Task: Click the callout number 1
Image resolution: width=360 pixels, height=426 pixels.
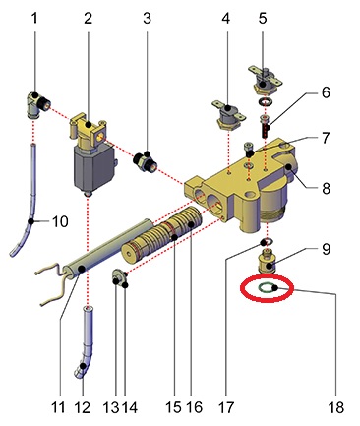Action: coord(34,19)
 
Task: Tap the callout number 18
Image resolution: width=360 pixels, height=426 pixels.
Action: coord(335,407)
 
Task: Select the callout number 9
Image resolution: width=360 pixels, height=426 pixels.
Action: coord(326,249)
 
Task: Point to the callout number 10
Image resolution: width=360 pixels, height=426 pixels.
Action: coord(60,221)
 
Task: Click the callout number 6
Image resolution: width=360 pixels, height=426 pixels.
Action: coord(326,92)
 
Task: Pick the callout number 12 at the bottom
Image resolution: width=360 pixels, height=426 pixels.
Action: coord(82,407)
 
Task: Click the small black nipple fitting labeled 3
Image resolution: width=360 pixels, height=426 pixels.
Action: coord(146,159)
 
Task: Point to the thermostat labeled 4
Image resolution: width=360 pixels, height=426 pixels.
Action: coord(229,115)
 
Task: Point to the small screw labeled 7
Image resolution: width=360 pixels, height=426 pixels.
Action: coord(249,150)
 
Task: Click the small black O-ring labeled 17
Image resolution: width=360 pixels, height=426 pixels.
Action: coord(267,243)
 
